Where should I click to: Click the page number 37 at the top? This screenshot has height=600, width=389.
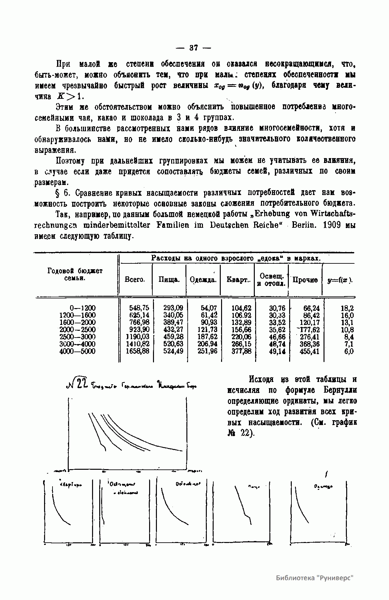pyautogui.click(x=194, y=48)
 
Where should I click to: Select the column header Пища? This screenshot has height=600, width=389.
pyautogui.click(x=169, y=280)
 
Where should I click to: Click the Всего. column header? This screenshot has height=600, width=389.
pyautogui.click(x=135, y=280)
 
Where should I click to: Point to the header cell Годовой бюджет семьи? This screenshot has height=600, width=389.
pyautogui.click(x=75, y=274)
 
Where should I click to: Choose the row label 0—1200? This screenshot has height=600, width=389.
pyautogui.click(x=83, y=308)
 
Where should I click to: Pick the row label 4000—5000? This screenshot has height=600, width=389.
pyautogui.click(x=77, y=351)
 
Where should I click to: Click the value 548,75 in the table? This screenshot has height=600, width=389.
pyautogui.click(x=139, y=308)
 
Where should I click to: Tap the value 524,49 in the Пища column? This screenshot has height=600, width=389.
pyautogui.click(x=173, y=351)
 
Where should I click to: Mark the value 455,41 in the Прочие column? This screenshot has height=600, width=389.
pyautogui.click(x=310, y=351)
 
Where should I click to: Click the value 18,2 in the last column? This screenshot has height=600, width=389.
pyautogui.click(x=349, y=308)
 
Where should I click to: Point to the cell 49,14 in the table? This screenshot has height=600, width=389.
pyautogui.click(x=277, y=351)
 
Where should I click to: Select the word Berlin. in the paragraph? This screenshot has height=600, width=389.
pyautogui.click(x=304, y=225)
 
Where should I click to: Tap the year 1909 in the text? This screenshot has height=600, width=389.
pyautogui.click(x=332, y=225)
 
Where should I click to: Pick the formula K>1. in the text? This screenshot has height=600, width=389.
pyautogui.click(x=71, y=96)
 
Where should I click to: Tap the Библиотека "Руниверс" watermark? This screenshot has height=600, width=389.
pyautogui.click(x=314, y=578)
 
